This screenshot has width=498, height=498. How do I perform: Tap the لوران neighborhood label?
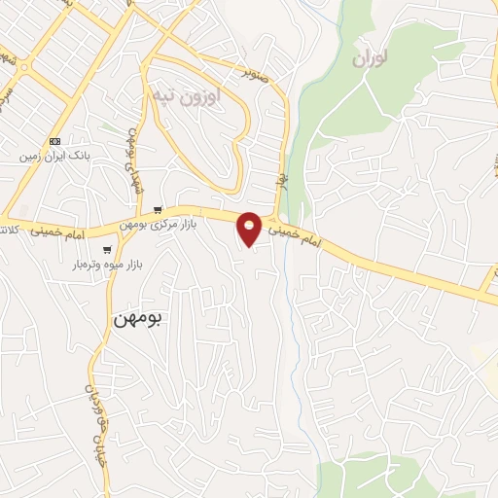coord(371,59)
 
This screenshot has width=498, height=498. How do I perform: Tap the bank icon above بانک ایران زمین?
coord(54,141)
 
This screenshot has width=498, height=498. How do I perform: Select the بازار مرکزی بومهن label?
coord(158,224)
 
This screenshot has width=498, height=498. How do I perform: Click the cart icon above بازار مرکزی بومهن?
coord(158,209)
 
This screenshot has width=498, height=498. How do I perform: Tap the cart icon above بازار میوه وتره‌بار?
coord(95,248)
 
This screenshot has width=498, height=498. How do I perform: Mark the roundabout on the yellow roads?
coord(21,66)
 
